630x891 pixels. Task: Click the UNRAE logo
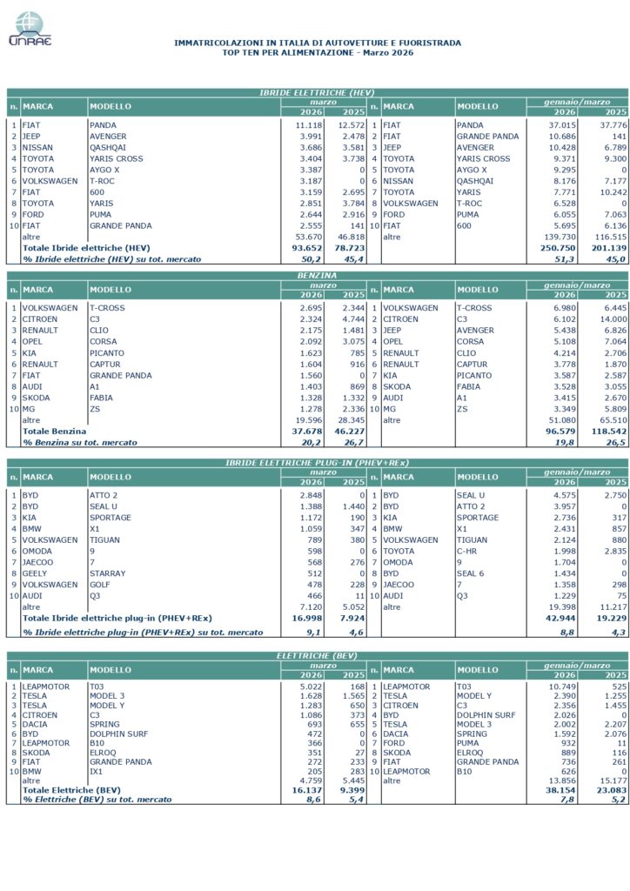30,29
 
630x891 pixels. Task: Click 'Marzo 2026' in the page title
384,53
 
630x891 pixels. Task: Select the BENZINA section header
317,274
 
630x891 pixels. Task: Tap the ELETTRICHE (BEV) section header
317,653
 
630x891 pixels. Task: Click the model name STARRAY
108,573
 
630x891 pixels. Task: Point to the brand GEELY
36,573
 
